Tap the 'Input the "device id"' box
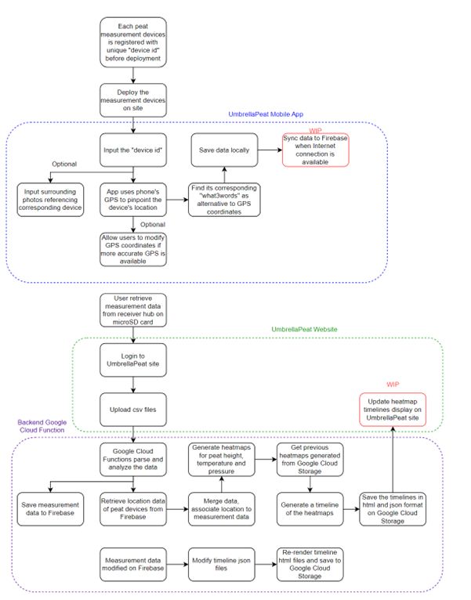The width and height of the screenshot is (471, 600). point(134,150)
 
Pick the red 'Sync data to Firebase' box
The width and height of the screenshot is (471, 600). point(315,150)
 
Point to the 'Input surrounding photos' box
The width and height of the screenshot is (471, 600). point(53,199)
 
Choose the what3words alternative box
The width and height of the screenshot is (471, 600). point(223,199)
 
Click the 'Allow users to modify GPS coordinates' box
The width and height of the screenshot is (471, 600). point(134,249)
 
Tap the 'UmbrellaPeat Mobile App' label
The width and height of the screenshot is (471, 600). point(265,114)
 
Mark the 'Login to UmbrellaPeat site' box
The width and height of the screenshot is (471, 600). point(134,360)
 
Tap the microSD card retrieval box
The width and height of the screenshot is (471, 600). point(134,311)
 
